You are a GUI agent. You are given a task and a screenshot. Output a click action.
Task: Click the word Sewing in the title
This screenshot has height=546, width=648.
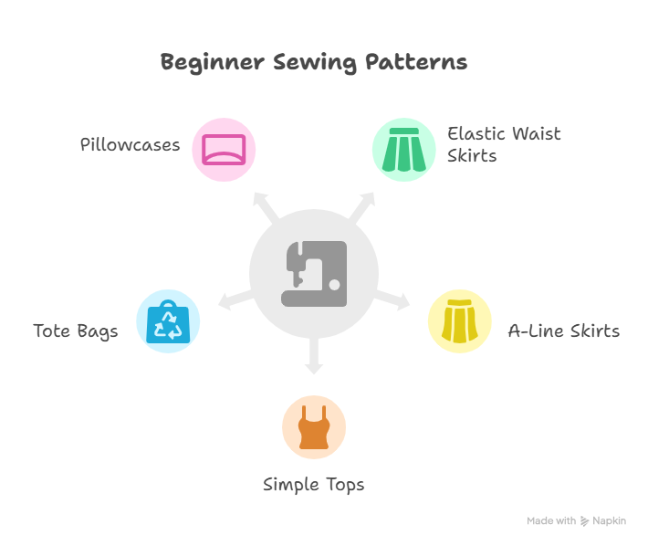pos(315,63)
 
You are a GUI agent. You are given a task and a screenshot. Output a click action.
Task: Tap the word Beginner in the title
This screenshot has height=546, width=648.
pos(213,63)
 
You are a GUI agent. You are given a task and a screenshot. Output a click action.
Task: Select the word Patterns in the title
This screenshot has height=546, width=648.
pos(416,62)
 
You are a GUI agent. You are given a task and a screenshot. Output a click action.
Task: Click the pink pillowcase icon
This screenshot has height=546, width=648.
pos(224,150)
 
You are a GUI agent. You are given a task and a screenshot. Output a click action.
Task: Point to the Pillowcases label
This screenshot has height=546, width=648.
pos(131,144)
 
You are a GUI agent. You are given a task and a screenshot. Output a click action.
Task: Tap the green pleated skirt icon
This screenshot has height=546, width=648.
pos(404,150)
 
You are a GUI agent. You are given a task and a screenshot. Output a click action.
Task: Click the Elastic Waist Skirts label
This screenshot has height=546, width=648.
pos(504,144)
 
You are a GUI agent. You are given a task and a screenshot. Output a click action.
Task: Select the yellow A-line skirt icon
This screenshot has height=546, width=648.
pos(460,321)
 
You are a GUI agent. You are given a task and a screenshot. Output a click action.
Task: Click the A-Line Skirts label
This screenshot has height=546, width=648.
pos(564,331)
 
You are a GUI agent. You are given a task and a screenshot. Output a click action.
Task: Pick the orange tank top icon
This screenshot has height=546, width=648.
pos(314,427)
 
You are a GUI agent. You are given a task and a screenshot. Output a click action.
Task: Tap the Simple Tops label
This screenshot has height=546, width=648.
pos(314,485)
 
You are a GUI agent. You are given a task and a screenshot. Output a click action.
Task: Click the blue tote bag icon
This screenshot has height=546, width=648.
pos(168,321)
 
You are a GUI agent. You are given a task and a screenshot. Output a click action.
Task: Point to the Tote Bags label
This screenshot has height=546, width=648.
pos(76,331)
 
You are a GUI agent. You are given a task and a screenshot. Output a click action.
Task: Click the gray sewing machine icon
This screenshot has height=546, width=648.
pos(314,274)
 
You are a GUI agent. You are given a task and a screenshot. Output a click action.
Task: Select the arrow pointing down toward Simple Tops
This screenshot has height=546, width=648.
pos(314,356)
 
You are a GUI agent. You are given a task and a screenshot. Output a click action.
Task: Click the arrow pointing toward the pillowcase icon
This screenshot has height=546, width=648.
pos(266,207)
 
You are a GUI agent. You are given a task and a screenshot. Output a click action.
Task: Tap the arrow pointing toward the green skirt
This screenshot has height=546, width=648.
pos(362,206)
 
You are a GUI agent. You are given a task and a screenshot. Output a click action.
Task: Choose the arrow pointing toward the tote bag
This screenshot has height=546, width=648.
pos(235,299)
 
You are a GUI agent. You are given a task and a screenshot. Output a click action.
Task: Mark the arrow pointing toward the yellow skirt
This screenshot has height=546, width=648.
pos(392,299)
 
